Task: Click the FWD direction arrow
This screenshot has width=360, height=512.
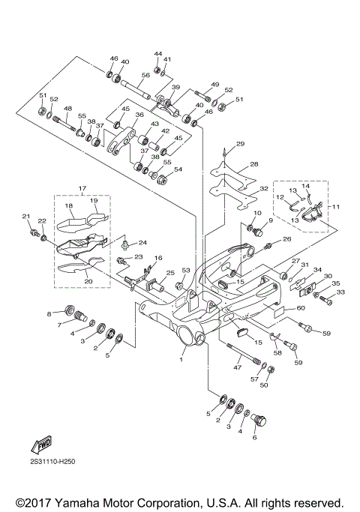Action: pyautogui.click(x=41, y=445)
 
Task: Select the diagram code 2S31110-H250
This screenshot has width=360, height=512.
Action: pyautogui.click(x=51, y=462)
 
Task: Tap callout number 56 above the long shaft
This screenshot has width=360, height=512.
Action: pyautogui.click(x=145, y=75)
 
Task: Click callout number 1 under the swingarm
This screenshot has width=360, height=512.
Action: pyautogui.click(x=181, y=359)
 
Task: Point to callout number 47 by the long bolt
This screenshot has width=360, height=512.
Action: pyautogui.click(x=238, y=367)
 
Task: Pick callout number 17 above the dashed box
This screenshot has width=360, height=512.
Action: pyautogui.click(x=82, y=188)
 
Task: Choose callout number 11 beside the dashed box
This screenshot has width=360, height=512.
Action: pyautogui.click(x=336, y=207)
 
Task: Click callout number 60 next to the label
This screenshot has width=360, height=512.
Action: pyautogui.click(x=301, y=308)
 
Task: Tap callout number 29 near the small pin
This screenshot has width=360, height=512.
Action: pyautogui.click(x=241, y=144)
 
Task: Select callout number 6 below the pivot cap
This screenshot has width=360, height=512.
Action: pyautogui.click(x=255, y=437)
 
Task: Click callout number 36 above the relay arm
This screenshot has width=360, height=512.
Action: pyautogui.click(x=139, y=115)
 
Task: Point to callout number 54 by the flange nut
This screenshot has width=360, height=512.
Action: pyautogui.click(x=178, y=169)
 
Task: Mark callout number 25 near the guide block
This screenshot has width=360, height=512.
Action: pyautogui.click(x=170, y=273)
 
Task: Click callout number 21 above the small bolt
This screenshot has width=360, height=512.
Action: pyautogui.click(x=26, y=216)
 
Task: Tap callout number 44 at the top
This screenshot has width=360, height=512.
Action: pyautogui.click(x=158, y=53)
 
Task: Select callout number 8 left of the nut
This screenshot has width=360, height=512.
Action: pyautogui.click(x=49, y=314)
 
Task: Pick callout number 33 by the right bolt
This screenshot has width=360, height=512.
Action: pyautogui.click(x=340, y=292)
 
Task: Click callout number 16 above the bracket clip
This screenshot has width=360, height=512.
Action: pyautogui.click(x=158, y=258)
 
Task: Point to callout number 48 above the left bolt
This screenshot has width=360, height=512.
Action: pyautogui.click(x=67, y=109)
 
